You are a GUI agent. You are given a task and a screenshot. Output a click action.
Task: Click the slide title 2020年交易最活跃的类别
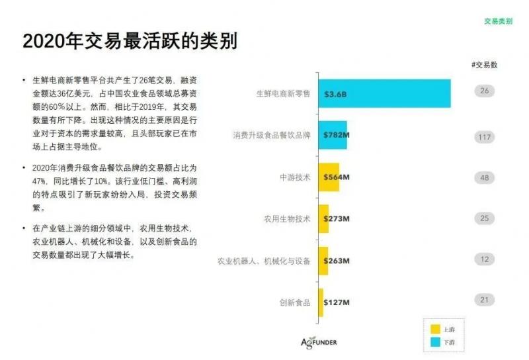130,40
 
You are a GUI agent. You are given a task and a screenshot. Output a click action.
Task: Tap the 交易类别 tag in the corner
497,21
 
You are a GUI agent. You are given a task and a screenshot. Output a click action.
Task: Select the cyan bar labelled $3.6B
384,93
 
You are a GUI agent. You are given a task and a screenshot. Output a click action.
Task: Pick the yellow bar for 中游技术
329,177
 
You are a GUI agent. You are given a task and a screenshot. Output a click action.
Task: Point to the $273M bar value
337,219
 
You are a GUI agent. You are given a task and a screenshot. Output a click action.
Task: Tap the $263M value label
337,261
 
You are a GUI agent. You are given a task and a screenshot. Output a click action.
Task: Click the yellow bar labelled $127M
321,302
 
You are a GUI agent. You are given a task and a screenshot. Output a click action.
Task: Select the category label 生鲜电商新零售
282,94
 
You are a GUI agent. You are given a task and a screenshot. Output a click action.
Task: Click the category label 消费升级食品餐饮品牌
271,136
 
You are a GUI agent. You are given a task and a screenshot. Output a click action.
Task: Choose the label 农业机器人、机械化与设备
264,261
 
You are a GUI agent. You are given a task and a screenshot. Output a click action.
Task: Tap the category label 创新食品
294,302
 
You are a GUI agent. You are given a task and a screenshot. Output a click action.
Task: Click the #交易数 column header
484,65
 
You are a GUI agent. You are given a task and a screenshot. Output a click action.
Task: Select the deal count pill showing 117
485,137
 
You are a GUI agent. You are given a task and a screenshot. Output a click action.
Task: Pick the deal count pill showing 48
485,177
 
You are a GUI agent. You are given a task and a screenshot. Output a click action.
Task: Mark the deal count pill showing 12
485,259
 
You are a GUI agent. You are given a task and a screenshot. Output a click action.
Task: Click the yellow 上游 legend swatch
435,329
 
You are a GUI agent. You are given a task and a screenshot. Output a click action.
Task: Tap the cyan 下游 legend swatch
435,342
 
